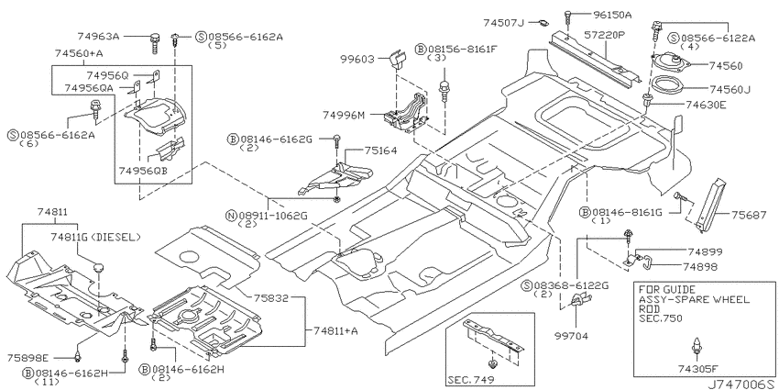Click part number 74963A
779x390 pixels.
[98, 37]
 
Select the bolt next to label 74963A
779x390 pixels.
[155, 42]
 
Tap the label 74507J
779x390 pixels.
[504, 23]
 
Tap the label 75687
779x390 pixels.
[748, 215]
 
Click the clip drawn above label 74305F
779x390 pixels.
[698, 346]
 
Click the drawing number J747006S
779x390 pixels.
[741, 384]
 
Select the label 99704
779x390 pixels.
[571, 336]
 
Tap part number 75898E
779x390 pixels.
[28, 358]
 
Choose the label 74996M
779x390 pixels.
[344, 116]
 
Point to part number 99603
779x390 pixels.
[357, 60]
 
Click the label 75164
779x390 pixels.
[381, 150]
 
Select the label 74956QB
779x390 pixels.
[143, 171]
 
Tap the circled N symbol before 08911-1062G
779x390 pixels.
[231, 216]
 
